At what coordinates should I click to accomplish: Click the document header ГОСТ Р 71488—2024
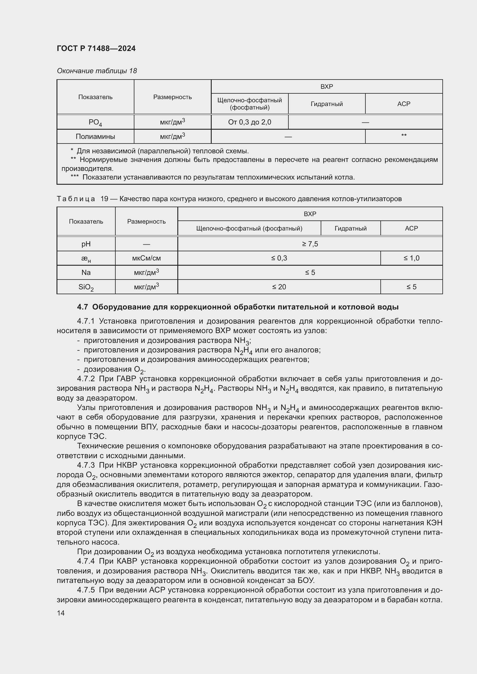[96, 48]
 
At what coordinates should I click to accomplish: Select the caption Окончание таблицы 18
[97, 71]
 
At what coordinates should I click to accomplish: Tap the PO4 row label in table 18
[95, 122]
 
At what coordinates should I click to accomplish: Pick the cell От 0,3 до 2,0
[249, 122]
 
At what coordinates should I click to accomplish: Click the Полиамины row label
[95, 137]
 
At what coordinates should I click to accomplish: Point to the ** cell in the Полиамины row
[403, 136]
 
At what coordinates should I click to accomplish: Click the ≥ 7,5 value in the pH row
[310, 244]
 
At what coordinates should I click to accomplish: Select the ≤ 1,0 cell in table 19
[411, 258]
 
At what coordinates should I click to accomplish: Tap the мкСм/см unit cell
[146, 258]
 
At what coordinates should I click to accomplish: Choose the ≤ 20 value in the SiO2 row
[279, 287]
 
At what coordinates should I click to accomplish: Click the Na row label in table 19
[86, 272]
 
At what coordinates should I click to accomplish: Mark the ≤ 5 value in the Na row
[310, 272]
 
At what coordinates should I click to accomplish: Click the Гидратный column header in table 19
[350, 229]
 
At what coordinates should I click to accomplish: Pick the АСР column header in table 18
[403, 104]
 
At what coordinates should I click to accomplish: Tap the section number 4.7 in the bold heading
[82, 307]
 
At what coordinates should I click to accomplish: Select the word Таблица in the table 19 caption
[76, 199]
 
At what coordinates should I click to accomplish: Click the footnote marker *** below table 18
[75, 177]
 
